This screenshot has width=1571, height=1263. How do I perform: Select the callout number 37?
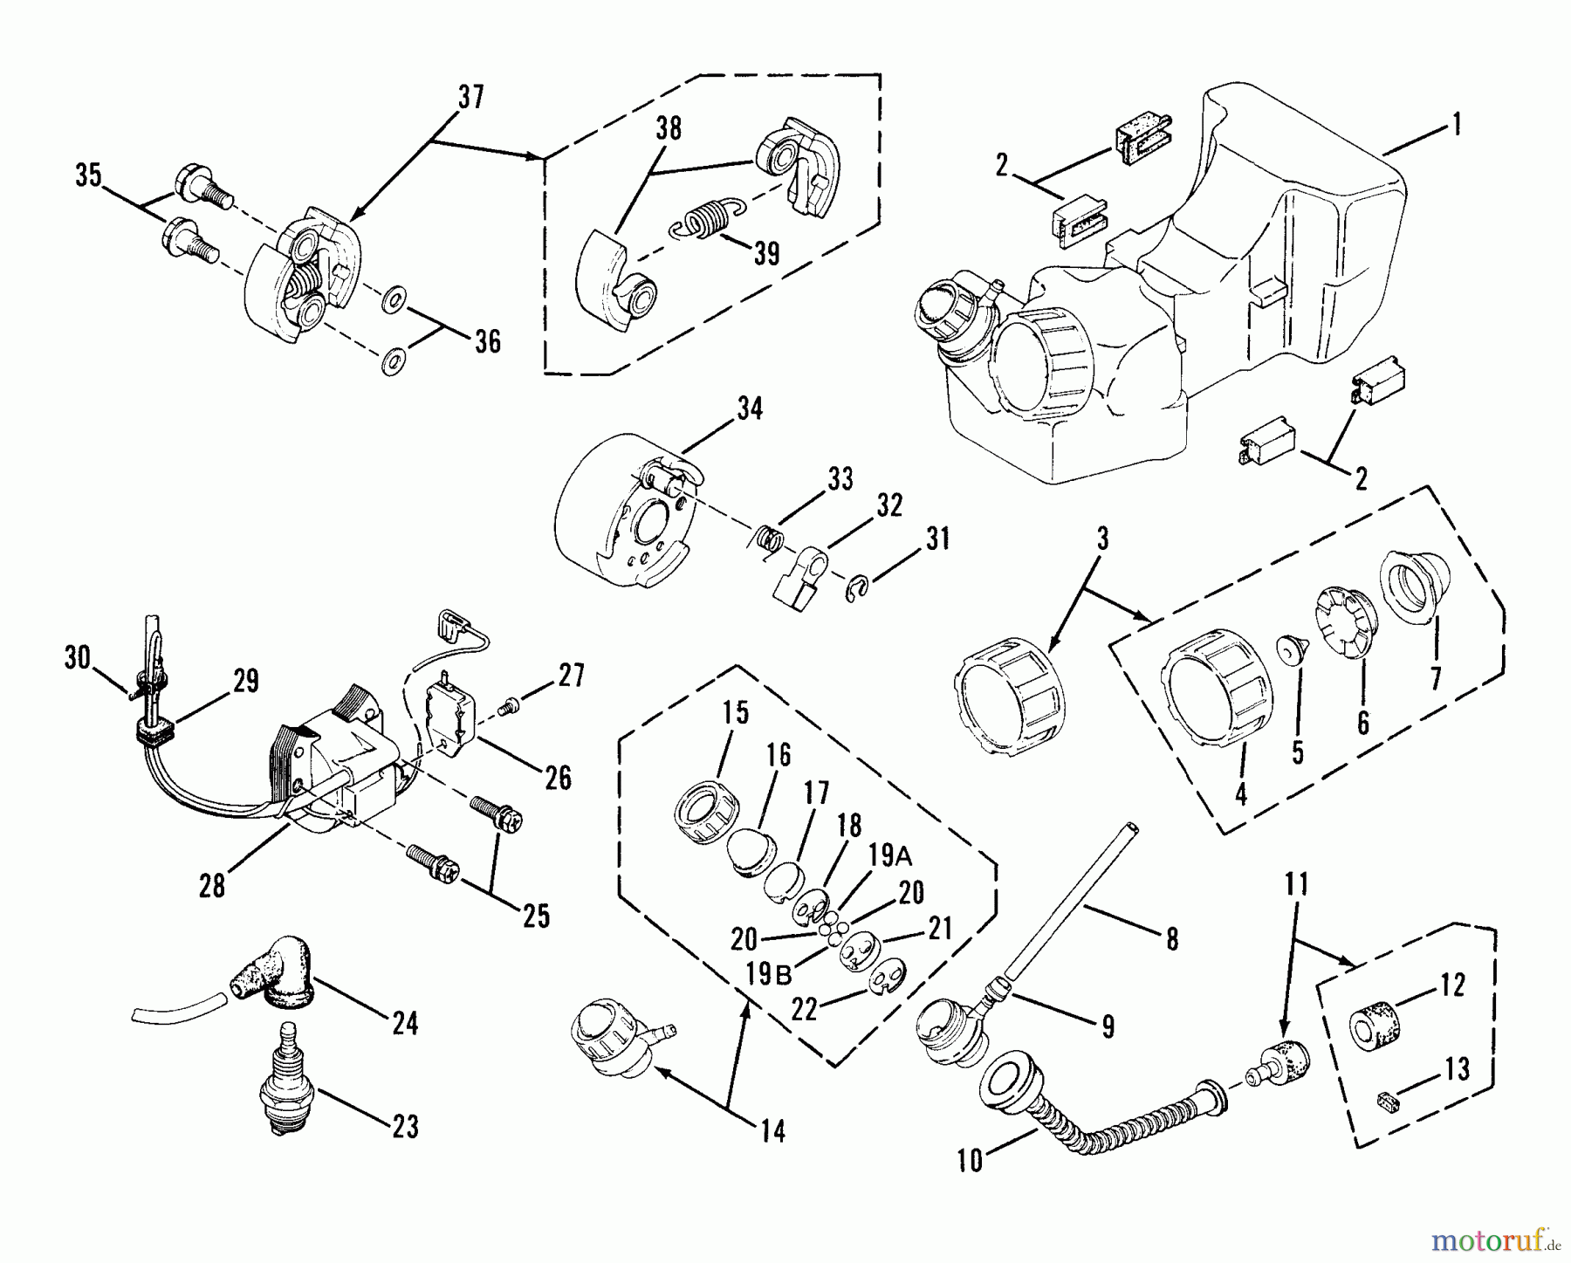470,97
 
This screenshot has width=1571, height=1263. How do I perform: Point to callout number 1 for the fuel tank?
1455,125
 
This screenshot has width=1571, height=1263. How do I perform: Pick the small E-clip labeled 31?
858,589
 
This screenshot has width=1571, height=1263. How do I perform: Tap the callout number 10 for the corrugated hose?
971,1160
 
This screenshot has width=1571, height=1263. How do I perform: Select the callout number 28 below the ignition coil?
212,886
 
